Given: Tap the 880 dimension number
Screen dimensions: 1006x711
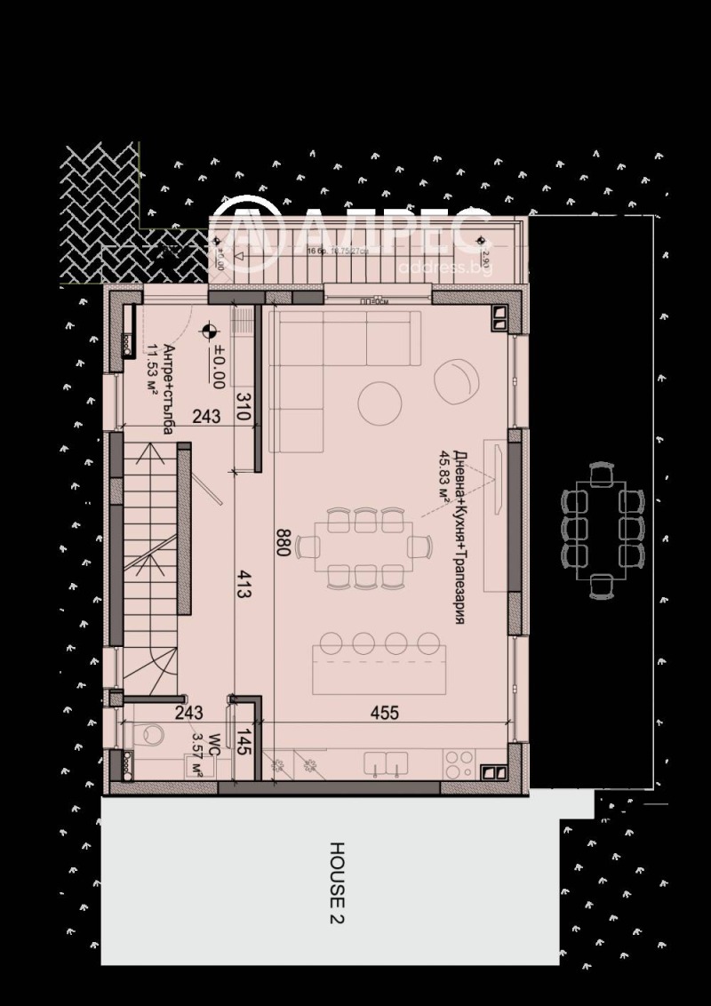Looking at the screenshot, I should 283,542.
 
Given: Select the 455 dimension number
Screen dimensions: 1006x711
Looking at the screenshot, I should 384,713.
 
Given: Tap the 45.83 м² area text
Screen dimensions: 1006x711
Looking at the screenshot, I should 442,477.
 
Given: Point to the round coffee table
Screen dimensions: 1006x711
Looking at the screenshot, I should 379,403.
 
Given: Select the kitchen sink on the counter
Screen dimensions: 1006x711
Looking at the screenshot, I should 386,762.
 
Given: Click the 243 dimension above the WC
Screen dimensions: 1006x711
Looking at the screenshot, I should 188,713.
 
